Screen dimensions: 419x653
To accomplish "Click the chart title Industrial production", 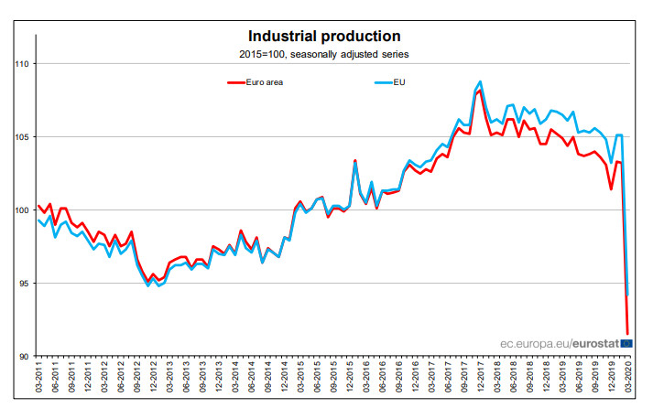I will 324,37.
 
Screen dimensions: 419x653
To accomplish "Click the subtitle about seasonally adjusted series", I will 323,54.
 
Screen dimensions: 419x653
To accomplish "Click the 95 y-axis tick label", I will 25,284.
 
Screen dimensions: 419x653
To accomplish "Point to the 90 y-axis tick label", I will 25,356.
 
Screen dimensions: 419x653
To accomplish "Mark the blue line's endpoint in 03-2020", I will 628,295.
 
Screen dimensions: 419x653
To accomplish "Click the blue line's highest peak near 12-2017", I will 481,81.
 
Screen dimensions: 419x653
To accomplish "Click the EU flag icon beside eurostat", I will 626,343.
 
